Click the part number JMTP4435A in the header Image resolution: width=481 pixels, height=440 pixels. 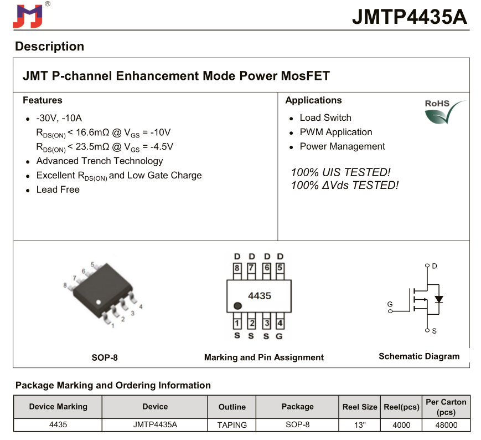pyautogui.click(x=409, y=17)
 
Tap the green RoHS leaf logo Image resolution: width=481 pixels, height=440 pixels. pyautogui.click(x=444, y=112)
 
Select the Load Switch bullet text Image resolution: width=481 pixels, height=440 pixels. pyautogui.click(x=325, y=117)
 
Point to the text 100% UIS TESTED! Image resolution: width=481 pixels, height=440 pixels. pyautogui.click(x=340, y=172)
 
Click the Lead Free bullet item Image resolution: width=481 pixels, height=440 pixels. pyautogui.click(x=58, y=190)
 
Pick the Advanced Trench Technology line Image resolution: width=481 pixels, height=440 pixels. pyautogui.click(x=100, y=161)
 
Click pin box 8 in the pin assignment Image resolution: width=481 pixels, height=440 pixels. pyautogui.click(x=237, y=268)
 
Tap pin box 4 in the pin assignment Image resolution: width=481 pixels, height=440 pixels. pyautogui.click(x=280, y=323)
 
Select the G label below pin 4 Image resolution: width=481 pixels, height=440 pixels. pyautogui.click(x=280, y=336)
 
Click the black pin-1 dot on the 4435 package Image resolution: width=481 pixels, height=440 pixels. pyautogui.click(x=237, y=306)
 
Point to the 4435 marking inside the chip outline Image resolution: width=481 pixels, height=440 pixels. pyautogui.click(x=260, y=296)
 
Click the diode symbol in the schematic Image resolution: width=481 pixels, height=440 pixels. pyautogui.click(x=439, y=299)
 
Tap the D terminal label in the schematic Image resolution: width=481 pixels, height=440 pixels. pyautogui.click(x=435, y=266)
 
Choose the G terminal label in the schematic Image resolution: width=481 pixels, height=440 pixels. pyautogui.click(x=390, y=304)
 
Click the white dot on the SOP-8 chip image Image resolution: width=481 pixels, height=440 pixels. pyautogui.click(x=99, y=303)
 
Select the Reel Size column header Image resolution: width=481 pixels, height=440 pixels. pyautogui.click(x=360, y=407)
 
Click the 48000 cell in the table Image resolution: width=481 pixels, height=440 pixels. pyautogui.click(x=446, y=425)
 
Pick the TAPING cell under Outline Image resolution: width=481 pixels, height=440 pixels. pyautogui.click(x=232, y=425)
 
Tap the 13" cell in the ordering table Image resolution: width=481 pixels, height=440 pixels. pyautogui.click(x=360, y=425)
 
